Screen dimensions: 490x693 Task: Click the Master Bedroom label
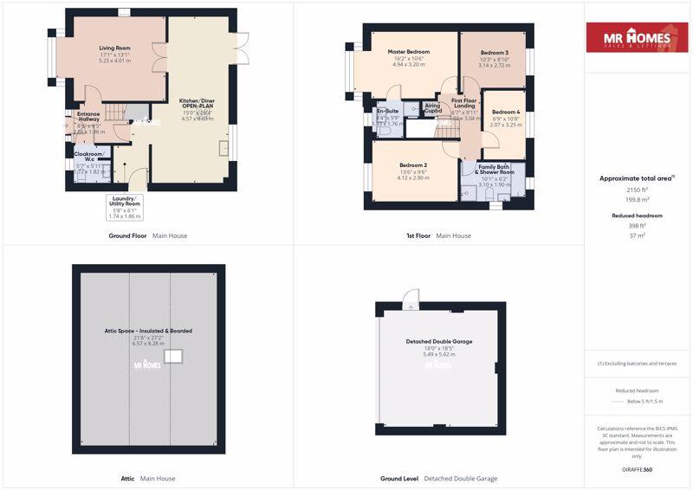[x=408, y=52]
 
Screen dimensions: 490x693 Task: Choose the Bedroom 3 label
[x=494, y=53]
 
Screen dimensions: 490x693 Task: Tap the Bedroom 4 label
[x=506, y=113]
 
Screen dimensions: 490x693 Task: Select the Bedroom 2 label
[x=413, y=165]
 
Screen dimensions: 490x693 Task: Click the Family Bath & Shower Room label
[x=494, y=169]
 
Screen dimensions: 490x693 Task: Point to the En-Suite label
[x=387, y=112]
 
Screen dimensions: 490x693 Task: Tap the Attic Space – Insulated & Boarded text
[x=147, y=331]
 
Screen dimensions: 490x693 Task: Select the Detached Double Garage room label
[x=439, y=341]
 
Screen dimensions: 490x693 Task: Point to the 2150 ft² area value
[x=637, y=189]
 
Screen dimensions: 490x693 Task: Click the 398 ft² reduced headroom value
[x=637, y=225]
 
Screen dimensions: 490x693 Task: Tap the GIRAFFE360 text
[x=637, y=469]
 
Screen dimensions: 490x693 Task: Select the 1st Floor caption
[x=418, y=235]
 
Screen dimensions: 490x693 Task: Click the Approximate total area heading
[x=637, y=177]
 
